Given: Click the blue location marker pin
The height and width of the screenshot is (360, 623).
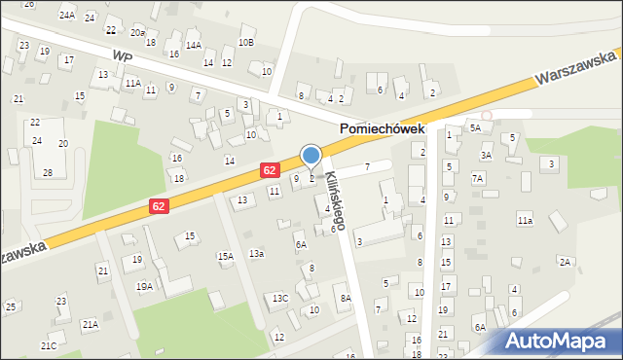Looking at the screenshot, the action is click(311, 157).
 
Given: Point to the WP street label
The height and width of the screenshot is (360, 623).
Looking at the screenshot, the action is click(122, 56).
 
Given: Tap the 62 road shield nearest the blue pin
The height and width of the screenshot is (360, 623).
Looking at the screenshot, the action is click(271, 170).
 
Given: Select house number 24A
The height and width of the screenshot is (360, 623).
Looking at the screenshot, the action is click(66, 16).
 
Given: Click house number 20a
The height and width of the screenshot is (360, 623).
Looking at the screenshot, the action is click(138, 33).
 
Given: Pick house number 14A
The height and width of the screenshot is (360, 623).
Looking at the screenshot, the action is click(194, 45).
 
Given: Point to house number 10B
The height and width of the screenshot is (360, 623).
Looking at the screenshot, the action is click(246, 43).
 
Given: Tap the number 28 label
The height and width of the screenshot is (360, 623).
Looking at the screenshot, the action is click(47, 172).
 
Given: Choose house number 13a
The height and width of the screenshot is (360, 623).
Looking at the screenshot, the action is click(256, 253).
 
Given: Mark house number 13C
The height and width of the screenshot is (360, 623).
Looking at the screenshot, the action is click(280, 298).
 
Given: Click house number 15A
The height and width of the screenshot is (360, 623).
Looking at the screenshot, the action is click(225, 257).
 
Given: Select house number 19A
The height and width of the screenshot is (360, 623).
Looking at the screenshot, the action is click(144, 286).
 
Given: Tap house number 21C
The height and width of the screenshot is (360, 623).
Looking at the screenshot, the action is click(48, 345).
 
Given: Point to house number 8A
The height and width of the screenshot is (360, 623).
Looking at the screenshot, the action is click(345, 298).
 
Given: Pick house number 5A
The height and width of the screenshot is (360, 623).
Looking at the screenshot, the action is click(475, 127).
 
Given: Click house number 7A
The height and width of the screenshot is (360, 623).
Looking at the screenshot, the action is click(477, 178).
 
